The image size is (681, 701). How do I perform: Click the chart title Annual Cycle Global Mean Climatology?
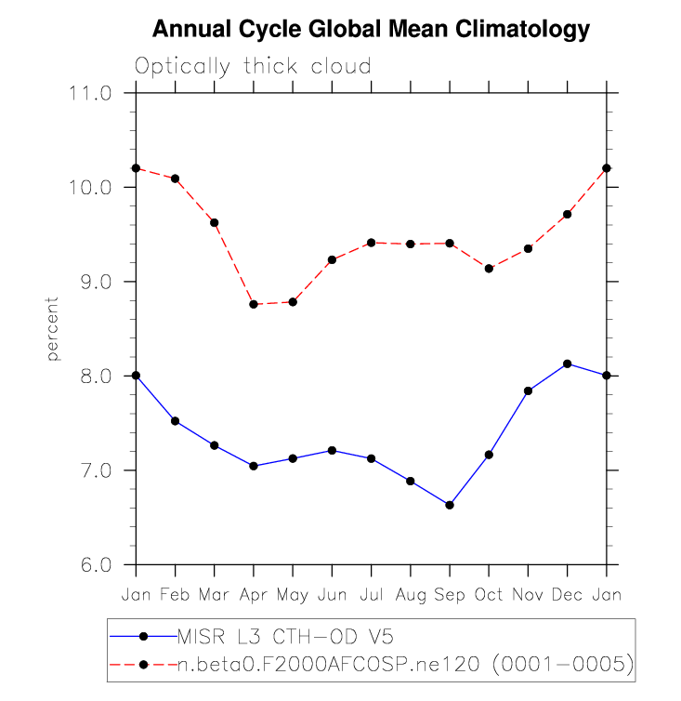pyautogui.click(x=371, y=30)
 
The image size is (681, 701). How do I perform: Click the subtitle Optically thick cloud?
pyautogui.click(x=253, y=67)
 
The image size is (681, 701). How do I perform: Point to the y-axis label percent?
pyautogui.click(x=53, y=329)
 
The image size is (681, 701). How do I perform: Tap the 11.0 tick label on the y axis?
pyautogui.click(x=90, y=94)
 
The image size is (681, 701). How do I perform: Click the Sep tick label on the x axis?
pyautogui.click(x=450, y=593)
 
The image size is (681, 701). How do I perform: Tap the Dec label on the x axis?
pyautogui.click(x=568, y=593)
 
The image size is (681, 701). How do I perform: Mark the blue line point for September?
pyautogui.click(x=450, y=505)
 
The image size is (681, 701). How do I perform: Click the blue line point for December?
pyautogui.click(x=568, y=364)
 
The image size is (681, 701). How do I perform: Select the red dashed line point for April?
pyautogui.click(x=254, y=304)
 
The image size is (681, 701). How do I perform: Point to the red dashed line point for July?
pyautogui.click(x=372, y=243)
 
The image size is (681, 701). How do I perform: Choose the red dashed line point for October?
pyautogui.click(x=489, y=269)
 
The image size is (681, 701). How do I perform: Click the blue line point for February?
pyautogui.click(x=175, y=421)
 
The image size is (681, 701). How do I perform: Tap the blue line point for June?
pyautogui.click(x=332, y=450)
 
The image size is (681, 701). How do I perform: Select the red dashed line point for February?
pyautogui.click(x=175, y=179)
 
